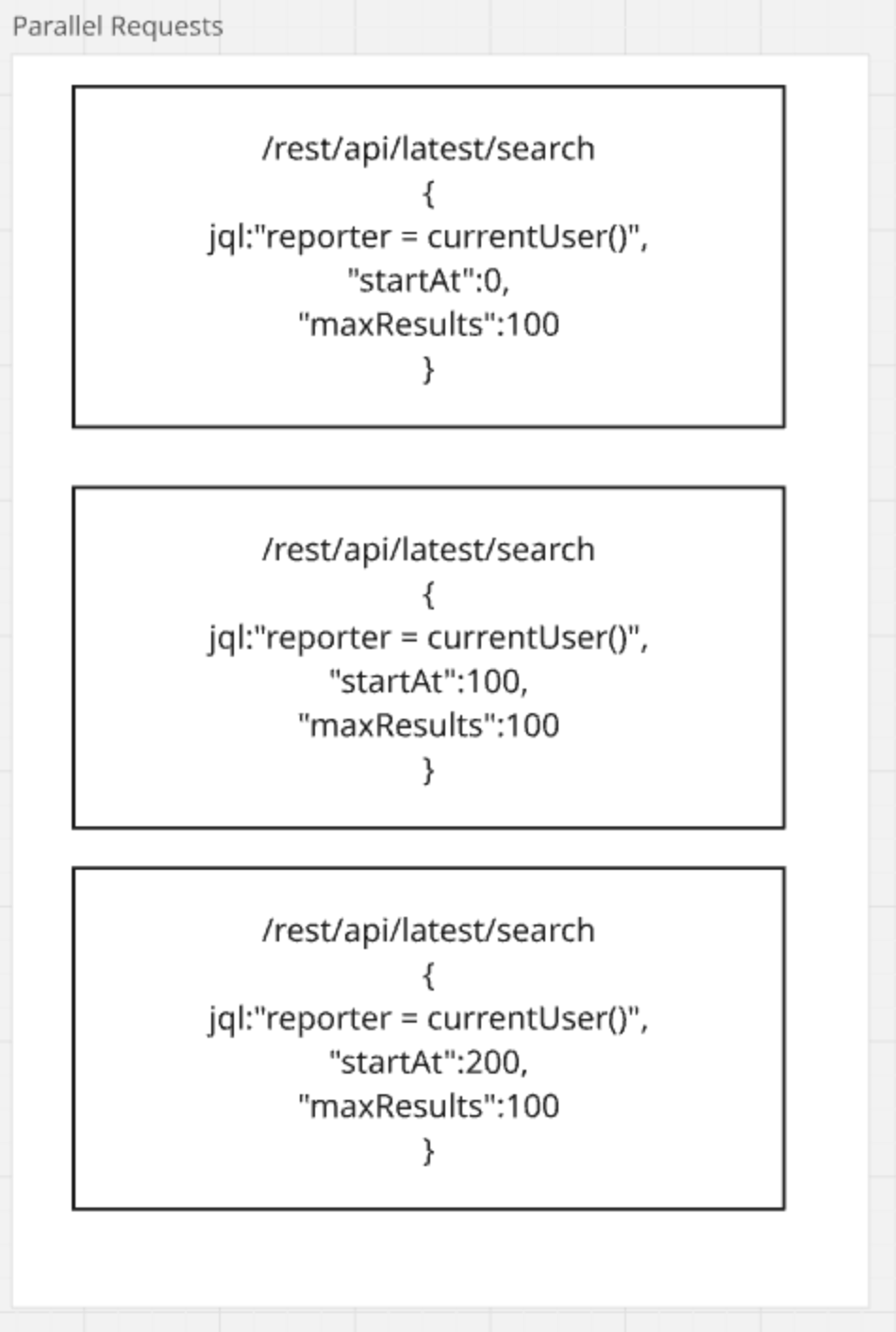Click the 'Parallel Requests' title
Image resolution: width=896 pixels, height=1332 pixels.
(117, 26)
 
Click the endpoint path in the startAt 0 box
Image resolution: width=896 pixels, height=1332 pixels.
(428, 149)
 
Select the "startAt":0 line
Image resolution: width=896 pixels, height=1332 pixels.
(428, 280)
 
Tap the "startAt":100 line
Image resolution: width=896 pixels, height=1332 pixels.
(428, 681)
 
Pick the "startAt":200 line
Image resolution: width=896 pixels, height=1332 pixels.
(428, 1062)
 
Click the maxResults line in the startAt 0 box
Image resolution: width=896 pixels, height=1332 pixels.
(428, 325)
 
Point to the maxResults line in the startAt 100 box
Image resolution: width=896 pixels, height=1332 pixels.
(428, 725)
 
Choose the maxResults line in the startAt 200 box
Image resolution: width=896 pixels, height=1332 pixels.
(428, 1106)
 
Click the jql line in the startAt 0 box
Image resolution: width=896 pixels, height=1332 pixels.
(428, 237)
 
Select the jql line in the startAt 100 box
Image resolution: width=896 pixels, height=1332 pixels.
(428, 638)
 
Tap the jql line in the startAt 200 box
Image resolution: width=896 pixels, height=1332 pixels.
(428, 1019)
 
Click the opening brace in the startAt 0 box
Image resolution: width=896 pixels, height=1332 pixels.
(428, 193)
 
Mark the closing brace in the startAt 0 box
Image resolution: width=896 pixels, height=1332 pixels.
(428, 368)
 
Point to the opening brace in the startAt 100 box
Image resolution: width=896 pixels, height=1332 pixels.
(428, 594)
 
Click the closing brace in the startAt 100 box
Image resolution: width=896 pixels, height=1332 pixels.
(428, 770)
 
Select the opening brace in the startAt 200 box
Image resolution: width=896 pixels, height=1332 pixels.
(428, 974)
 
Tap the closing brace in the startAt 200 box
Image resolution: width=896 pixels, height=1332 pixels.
(428, 1150)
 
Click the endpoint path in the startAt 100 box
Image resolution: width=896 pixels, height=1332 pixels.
(428, 550)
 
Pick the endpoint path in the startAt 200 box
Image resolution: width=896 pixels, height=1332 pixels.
(428, 931)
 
